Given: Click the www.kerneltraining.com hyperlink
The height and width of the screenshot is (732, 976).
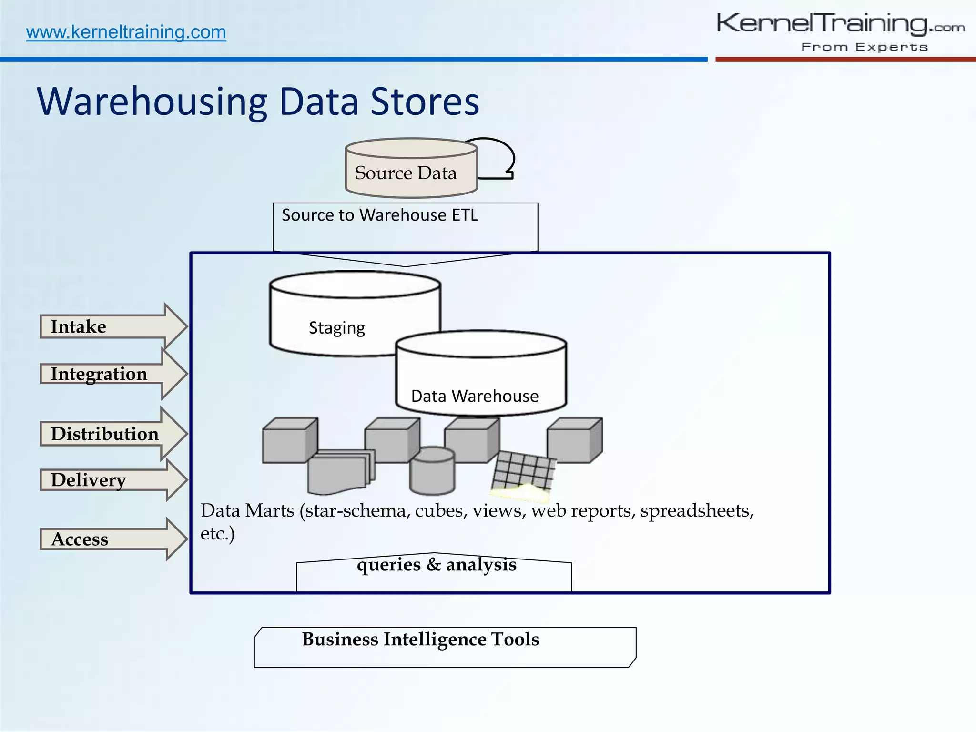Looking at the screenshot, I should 126,32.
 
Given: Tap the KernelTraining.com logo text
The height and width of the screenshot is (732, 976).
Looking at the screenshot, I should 840,23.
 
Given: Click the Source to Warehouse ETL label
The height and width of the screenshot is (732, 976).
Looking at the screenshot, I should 380,215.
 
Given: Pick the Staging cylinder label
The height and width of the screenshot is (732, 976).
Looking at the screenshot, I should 337,328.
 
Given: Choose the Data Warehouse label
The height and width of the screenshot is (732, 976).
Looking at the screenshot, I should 475,396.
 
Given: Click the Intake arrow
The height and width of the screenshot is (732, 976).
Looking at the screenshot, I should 112,327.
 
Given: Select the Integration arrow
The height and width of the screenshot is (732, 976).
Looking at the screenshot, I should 112,374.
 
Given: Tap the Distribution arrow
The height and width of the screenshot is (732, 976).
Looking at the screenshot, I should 112,434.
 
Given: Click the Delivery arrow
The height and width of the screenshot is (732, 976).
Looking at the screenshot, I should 112,480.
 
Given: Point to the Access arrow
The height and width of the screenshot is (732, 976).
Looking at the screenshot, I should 112,539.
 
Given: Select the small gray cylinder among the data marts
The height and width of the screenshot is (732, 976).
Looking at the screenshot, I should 432,471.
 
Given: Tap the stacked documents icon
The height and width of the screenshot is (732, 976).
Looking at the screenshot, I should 340,472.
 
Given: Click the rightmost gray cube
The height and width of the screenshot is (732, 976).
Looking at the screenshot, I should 574,440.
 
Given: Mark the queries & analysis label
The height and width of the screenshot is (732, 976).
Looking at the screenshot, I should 436,565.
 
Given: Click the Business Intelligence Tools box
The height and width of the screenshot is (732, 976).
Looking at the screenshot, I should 445,647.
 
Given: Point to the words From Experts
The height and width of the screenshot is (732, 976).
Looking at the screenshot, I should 864,47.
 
